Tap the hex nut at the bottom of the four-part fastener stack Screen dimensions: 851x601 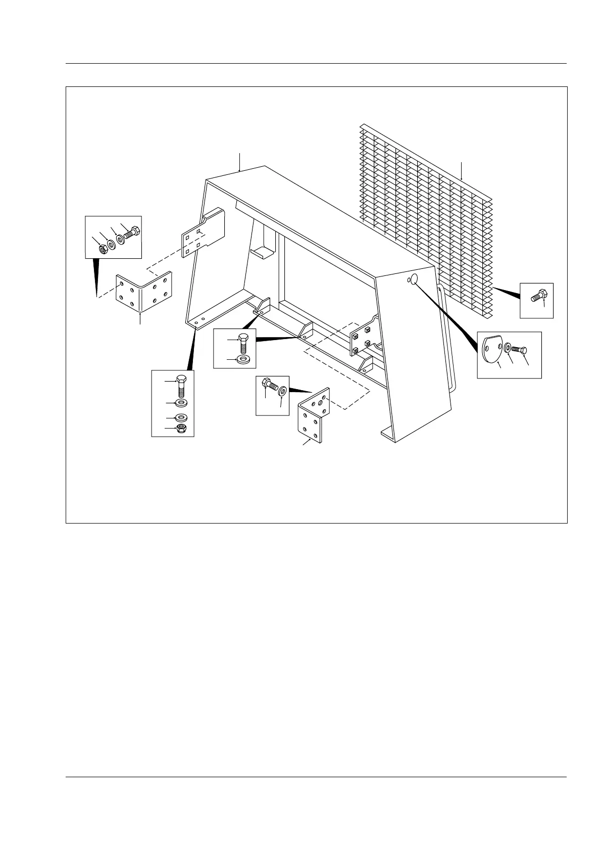point(181,429)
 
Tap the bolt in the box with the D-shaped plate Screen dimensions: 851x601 point(520,349)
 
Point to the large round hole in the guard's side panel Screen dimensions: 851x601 point(415,279)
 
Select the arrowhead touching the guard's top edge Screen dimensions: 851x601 point(239,171)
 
